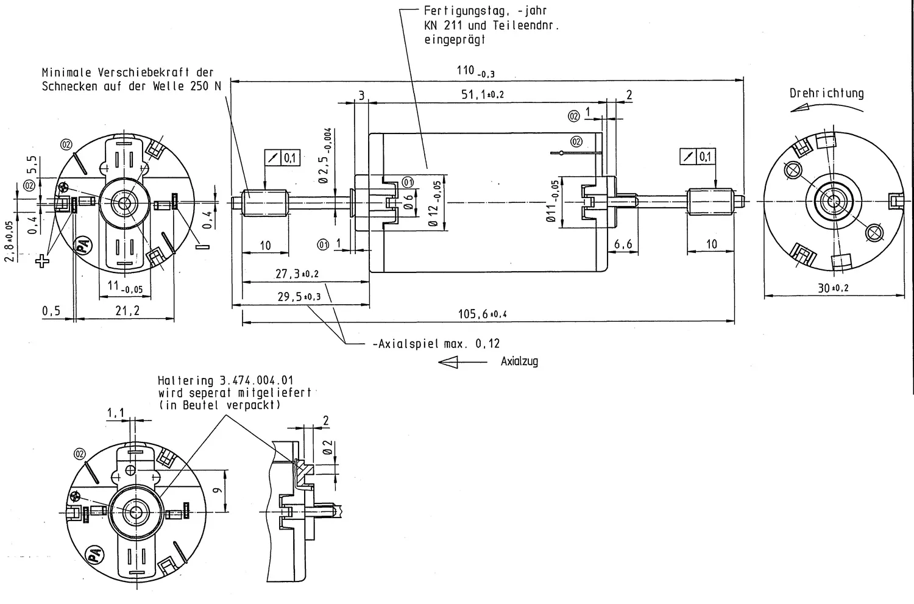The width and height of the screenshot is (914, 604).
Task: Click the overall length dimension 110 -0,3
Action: point(475,71)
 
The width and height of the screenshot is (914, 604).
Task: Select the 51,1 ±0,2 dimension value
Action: point(483,94)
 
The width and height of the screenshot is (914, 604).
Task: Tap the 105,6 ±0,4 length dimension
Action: point(483,314)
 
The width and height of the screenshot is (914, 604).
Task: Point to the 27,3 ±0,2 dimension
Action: point(297,274)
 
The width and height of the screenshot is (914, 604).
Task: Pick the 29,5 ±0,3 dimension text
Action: point(299,297)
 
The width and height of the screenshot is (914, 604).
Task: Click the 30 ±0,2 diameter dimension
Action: point(833,288)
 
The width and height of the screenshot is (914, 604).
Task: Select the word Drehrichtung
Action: point(827,93)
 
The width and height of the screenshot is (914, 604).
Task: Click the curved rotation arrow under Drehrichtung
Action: point(826,106)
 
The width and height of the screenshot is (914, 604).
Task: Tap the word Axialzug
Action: point(519,361)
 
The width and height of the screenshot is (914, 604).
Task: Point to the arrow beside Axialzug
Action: point(462,362)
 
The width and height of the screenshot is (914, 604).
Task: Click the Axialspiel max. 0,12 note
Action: point(436,344)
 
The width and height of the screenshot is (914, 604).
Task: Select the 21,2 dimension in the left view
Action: point(127,311)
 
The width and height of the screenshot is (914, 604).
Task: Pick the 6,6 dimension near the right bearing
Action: point(623,244)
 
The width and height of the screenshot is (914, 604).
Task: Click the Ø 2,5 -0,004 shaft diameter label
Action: point(325,155)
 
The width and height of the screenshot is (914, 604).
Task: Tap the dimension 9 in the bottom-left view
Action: point(218,490)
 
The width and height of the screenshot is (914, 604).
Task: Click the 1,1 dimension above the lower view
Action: point(116,413)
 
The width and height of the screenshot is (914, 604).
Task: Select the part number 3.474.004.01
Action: point(257,380)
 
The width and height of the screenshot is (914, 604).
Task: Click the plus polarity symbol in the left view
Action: point(42,261)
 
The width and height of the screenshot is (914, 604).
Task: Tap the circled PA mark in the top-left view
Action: point(83,246)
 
